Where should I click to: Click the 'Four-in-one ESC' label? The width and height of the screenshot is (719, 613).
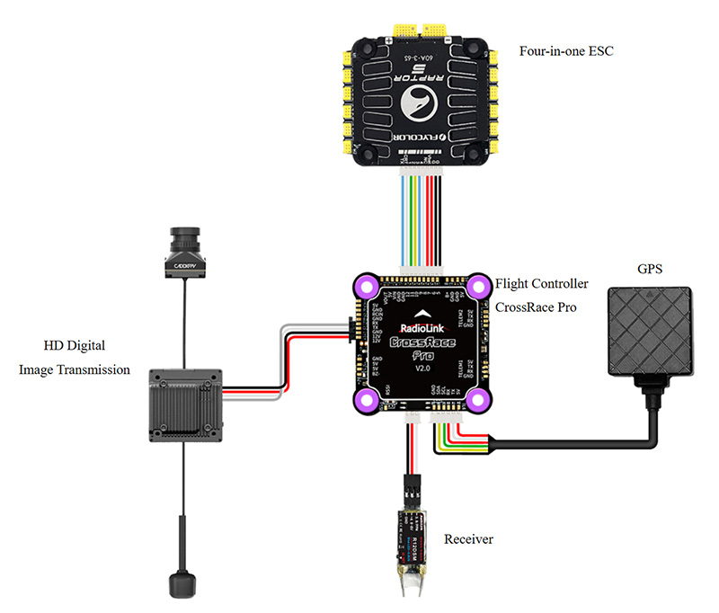coord(565,50)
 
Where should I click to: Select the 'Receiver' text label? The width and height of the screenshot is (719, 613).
coord(468,539)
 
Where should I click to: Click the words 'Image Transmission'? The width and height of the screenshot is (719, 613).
coord(75,369)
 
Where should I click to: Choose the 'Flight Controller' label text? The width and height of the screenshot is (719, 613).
coord(542,283)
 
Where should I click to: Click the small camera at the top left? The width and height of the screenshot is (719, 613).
coord(183,251)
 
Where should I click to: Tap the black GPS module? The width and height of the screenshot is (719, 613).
coord(652,332)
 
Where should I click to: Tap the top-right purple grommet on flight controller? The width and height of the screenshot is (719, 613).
coord(477,286)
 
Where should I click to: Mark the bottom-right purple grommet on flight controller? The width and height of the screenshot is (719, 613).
coord(477,400)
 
